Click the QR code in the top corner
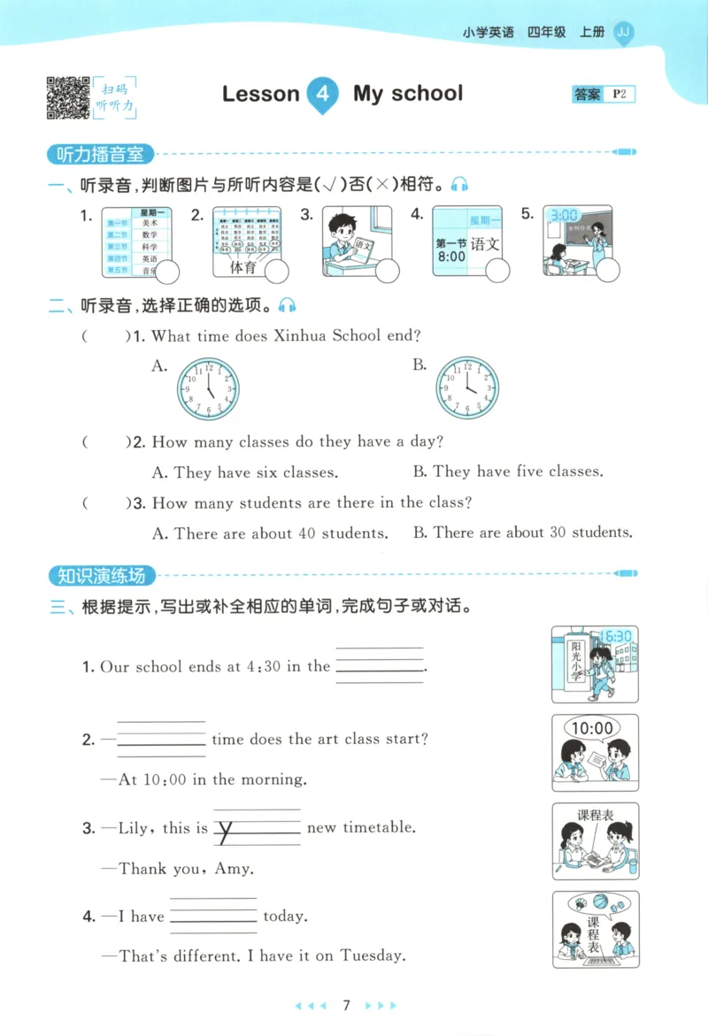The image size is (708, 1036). pos(67,96)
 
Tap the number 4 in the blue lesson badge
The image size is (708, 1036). pos(323,95)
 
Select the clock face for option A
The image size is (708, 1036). pos(208,388)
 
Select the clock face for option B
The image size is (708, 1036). pos(467,388)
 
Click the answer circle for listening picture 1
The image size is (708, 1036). pos(167,272)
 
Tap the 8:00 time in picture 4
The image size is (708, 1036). pos(450,257)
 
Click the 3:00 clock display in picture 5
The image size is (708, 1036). pos(564,215)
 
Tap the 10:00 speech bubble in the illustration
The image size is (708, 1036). pos(592,729)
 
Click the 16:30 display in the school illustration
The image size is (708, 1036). pos(617,636)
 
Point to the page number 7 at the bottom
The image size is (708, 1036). pos(347,1005)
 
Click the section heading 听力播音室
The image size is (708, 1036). pos(100,154)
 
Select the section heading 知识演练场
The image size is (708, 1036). pos(100,577)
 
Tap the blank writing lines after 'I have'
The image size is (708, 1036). pos(212,917)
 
